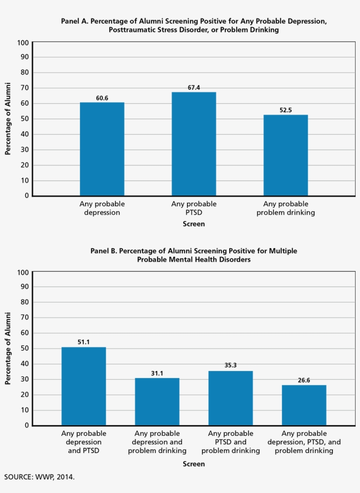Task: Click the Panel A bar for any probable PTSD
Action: tap(194, 144)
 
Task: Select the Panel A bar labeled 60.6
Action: tap(102, 149)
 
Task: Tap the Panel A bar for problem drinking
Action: tap(285, 155)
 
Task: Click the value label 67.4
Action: tap(194, 88)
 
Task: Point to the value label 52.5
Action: tap(285, 111)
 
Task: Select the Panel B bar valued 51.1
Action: tap(83, 386)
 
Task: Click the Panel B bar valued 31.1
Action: tap(157, 402)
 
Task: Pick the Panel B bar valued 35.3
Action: tap(230, 398)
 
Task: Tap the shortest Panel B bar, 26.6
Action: tap(304, 405)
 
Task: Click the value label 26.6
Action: tap(304, 381)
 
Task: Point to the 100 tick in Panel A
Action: tap(23, 43)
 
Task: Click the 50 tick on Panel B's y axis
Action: tap(25, 349)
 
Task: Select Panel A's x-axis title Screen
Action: tap(194, 224)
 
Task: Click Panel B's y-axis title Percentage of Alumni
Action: tap(7, 349)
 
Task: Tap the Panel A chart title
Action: tap(194, 25)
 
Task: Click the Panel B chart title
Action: tap(194, 255)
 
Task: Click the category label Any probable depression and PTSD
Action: tap(83, 442)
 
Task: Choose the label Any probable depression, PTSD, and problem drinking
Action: tap(304, 442)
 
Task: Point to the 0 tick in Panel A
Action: tap(26, 196)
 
